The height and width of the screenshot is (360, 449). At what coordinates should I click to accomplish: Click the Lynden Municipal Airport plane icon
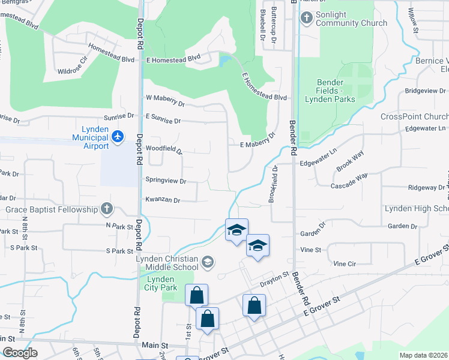point(118,137)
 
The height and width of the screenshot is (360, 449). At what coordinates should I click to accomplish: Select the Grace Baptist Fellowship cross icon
point(106,209)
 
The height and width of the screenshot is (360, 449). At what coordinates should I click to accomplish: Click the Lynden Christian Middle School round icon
point(207,262)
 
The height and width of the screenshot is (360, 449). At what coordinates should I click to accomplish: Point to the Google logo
point(20,353)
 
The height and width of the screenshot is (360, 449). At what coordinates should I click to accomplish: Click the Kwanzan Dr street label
point(162,199)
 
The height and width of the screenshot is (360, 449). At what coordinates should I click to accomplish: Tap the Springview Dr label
point(166,181)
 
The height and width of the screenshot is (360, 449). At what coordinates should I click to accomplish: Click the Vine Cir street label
point(345,263)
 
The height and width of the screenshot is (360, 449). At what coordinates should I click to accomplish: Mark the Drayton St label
point(274,278)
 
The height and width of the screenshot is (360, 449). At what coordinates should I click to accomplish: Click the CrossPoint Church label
point(414,116)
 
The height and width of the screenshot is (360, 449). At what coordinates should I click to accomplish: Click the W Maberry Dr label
point(165,100)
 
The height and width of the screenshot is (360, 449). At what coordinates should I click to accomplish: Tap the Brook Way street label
point(349,163)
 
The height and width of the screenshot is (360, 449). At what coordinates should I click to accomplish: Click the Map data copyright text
point(424,355)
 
